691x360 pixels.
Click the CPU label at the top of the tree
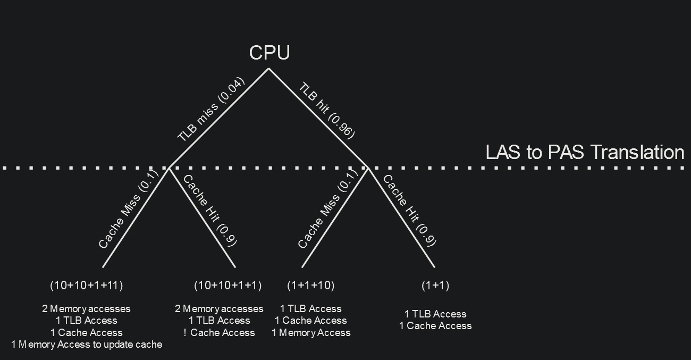point(269,53)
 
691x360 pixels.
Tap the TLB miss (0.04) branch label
point(210,110)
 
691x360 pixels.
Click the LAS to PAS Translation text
point(584,152)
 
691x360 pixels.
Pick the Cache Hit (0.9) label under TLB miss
point(209,211)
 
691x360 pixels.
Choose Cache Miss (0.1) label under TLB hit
point(325,211)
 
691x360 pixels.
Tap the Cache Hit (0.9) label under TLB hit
point(409,211)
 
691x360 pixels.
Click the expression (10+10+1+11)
point(87,286)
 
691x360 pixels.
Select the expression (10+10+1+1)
point(228,286)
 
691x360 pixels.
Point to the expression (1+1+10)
point(311,286)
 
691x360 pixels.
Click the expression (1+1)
point(435,286)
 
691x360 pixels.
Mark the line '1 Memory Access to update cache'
point(87,345)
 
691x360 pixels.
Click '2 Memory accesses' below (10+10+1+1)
point(219,309)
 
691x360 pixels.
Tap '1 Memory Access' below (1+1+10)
point(311,333)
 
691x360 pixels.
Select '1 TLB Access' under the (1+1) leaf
point(435,314)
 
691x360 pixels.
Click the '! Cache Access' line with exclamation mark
point(219,333)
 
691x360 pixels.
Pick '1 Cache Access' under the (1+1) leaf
point(435,326)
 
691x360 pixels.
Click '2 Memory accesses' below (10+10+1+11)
point(86,309)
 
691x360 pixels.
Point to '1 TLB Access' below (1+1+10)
point(311,309)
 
